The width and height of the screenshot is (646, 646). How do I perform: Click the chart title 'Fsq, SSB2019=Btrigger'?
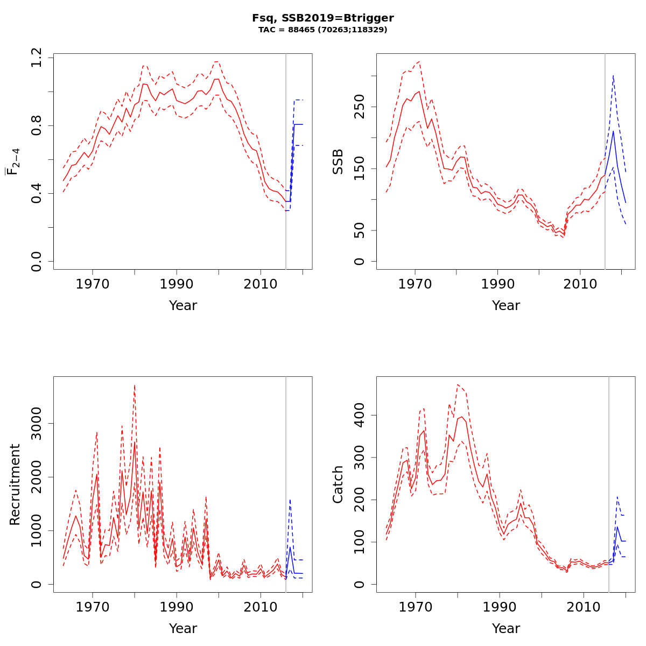point(323,18)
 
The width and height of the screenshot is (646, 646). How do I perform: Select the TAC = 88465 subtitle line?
point(323,30)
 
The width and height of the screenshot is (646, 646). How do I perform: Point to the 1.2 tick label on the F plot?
point(37,58)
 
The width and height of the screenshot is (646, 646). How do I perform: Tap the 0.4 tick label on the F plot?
point(37,193)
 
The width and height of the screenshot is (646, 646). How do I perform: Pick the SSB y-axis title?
point(338,161)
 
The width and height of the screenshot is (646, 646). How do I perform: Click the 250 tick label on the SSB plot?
point(360,106)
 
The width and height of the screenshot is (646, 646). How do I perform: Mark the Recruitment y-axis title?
point(15,484)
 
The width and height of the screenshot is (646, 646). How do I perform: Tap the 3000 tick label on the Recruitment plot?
point(37,423)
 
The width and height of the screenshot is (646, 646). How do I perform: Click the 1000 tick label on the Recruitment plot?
point(37,530)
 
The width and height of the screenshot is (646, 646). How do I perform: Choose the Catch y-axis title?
point(338,484)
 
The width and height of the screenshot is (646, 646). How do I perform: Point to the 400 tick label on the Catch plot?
point(360,415)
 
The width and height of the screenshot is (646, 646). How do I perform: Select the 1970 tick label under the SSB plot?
point(415,284)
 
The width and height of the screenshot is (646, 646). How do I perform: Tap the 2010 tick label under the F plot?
point(261,284)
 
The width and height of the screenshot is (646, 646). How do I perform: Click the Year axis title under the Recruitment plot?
point(183,628)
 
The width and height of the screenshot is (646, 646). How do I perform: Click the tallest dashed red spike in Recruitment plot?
point(135,385)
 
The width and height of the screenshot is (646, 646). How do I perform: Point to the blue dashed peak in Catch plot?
point(617,497)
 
